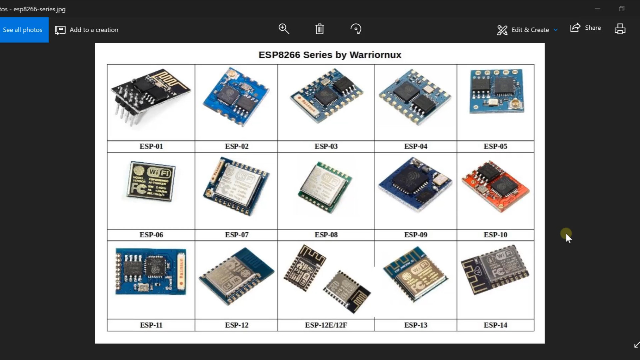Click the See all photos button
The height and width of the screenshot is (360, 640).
23,30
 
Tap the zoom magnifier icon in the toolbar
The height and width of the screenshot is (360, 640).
284,29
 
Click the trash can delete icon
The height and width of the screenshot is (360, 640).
319,29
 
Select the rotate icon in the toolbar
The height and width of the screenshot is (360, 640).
356,29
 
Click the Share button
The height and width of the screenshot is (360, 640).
586,28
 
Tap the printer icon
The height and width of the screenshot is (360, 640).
620,29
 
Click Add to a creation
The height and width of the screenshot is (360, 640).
87,30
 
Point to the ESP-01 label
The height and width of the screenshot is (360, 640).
151,146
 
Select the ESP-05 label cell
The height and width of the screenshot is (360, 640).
495,146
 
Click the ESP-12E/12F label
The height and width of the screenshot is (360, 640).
326,325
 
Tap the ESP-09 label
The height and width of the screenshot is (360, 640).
415,235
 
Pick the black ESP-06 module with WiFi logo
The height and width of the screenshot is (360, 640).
151,182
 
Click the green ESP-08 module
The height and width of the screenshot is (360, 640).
325,187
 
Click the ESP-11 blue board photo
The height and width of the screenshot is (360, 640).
151,272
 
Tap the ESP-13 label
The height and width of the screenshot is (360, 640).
415,325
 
